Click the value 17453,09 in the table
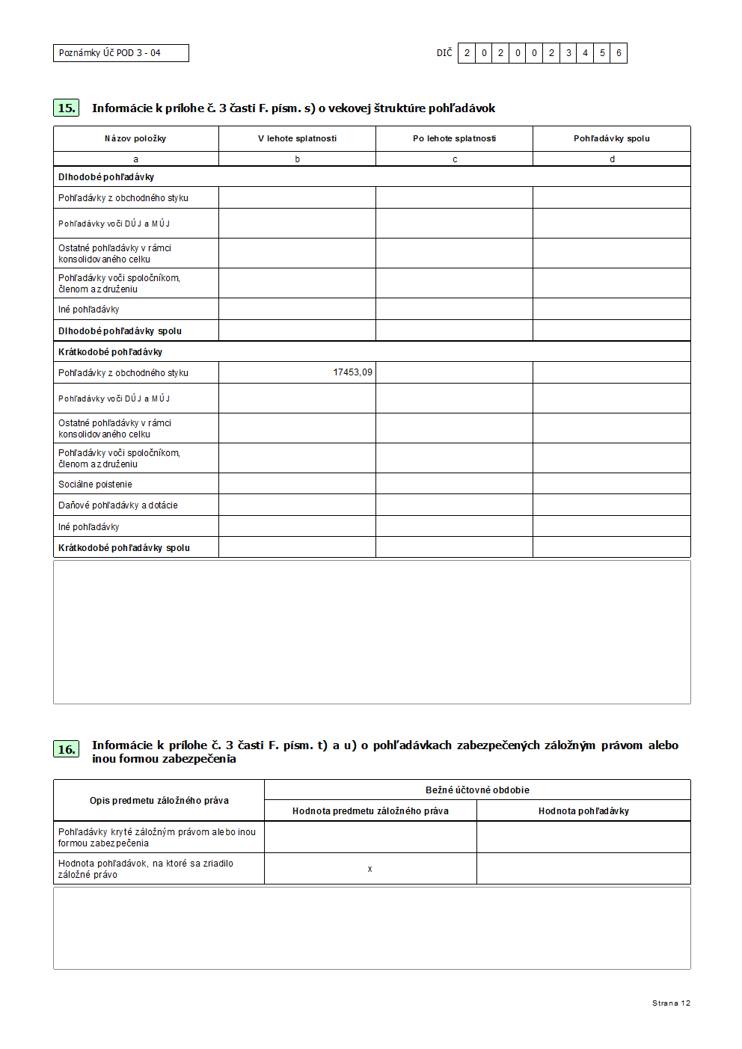(352, 372)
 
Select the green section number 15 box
(67, 108)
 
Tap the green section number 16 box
(67, 749)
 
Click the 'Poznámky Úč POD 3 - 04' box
(120, 53)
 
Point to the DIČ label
(444, 53)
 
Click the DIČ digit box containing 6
(619, 53)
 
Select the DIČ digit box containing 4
(585, 53)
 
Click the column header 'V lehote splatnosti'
(297, 138)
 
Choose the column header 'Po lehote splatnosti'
(454, 138)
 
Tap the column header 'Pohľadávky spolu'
(611, 138)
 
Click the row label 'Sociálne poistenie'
(95, 484)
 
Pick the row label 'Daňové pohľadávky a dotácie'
(118, 505)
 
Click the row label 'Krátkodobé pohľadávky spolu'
(124, 548)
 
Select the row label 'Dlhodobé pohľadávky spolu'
(120, 331)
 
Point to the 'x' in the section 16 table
(370, 869)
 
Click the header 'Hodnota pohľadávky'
(583, 811)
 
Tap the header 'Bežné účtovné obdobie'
(477, 790)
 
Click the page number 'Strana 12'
(671, 1003)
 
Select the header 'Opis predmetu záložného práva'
(159, 801)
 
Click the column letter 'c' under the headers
(454, 159)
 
